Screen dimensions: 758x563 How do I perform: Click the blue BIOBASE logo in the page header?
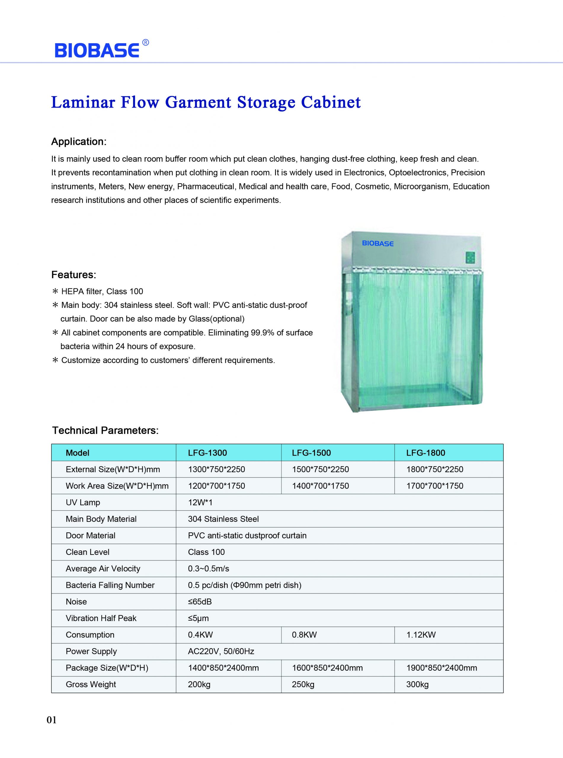tap(97, 50)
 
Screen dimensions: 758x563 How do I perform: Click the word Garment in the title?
tap(198, 102)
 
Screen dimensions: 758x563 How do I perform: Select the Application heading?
tap(79, 142)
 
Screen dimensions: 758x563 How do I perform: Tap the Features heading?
tap(73, 274)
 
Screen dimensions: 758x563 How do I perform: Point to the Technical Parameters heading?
tap(105, 431)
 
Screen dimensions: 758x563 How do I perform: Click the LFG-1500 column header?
tap(311, 452)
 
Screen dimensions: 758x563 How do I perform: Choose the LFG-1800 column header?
tap(426, 452)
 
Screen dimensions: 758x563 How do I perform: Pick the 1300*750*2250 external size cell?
tap(216, 469)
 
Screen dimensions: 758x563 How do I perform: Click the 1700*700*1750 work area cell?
tap(434, 486)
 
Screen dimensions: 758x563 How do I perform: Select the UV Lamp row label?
tap(83, 502)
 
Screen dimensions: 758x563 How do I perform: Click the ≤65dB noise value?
tap(200, 602)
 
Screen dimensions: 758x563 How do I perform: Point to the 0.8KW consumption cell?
tap(304, 635)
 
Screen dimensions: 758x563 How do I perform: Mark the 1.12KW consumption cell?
tap(421, 635)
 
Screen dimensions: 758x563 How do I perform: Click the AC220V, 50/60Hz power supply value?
tap(221, 651)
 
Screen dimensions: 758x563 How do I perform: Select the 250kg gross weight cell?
tap(303, 685)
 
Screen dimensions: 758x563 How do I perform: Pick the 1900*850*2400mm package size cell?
tap(441, 668)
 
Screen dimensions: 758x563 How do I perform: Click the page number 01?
tap(52, 720)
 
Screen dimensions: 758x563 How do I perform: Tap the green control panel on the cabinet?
tap(470, 258)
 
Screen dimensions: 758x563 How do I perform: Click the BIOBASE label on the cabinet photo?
tap(378, 243)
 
